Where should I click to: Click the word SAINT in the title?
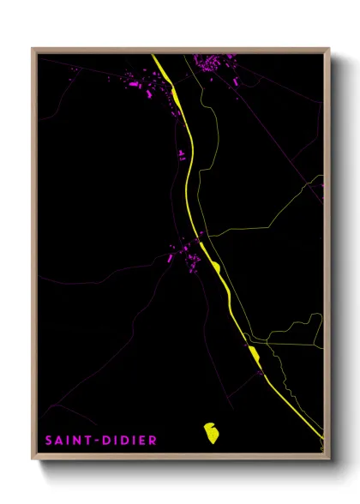68,441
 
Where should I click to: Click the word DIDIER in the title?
128,441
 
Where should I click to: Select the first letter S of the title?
49,441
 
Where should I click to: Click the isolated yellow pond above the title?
210,432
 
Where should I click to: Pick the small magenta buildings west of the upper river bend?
181,155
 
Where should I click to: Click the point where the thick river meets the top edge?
154,55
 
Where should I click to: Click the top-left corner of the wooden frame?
33,48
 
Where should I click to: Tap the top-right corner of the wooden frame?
329,48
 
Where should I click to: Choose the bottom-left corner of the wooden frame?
33,460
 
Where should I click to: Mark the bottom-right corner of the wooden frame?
329,460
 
